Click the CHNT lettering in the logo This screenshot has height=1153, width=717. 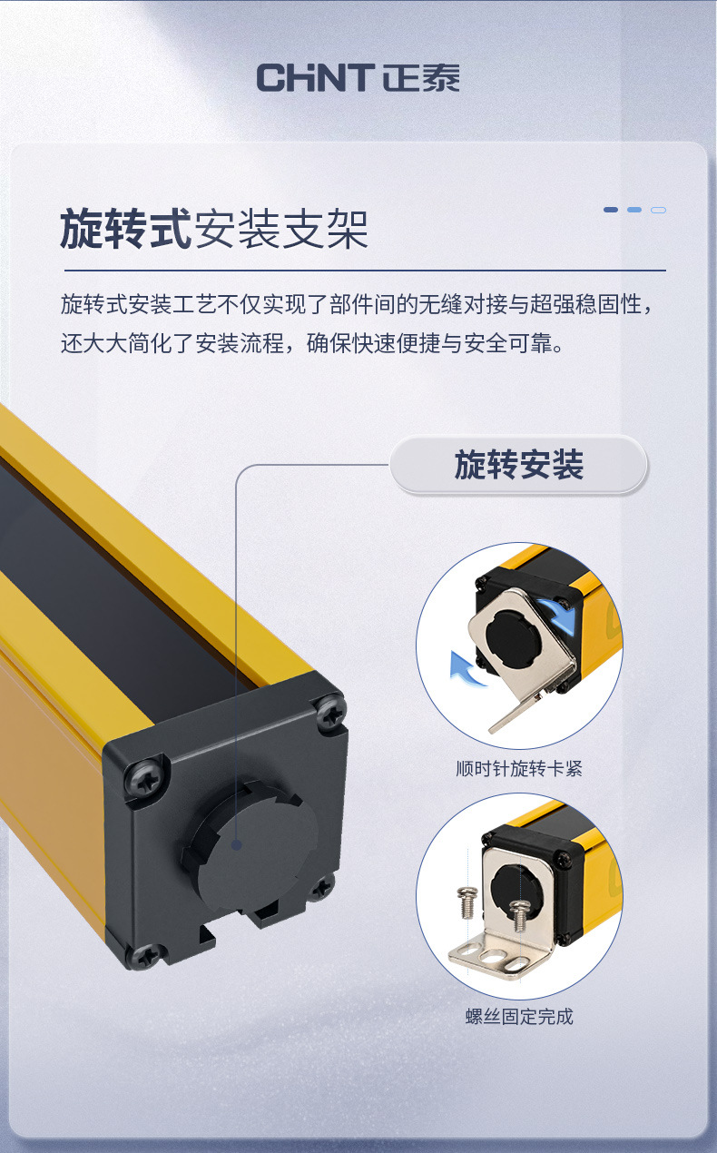pyautogui.click(x=315, y=77)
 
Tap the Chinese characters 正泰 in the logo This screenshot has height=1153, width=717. pyautogui.click(x=421, y=77)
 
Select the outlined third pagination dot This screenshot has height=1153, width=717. pyautogui.click(x=659, y=210)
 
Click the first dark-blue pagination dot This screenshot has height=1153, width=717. pyautogui.click(x=611, y=210)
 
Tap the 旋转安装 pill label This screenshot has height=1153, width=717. pyautogui.click(x=518, y=466)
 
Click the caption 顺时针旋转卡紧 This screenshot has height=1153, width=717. pyautogui.click(x=518, y=769)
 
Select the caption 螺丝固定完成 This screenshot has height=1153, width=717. pyautogui.click(x=518, y=1016)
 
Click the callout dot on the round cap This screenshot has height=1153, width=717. pyautogui.click(x=236, y=844)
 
